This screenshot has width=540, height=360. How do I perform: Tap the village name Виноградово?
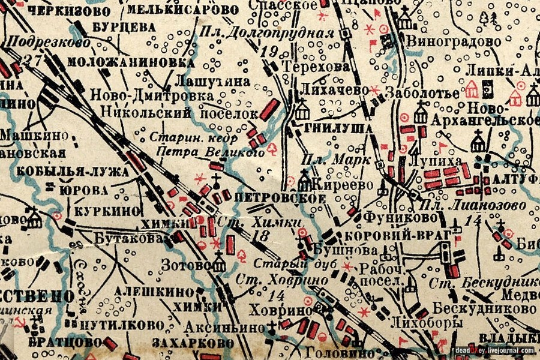point(461,42)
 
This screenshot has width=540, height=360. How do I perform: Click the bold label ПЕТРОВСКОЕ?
point(267,198)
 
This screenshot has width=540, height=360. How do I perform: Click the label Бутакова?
point(129,238)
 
